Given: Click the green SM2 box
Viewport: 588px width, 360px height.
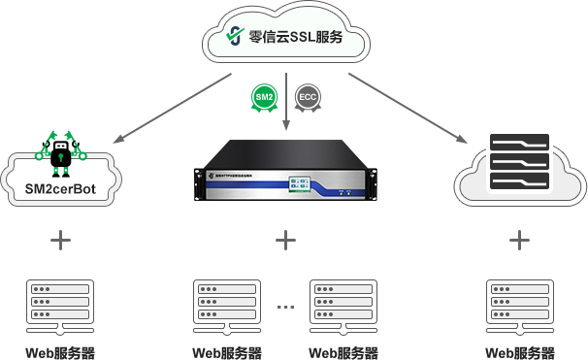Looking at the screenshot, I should [263, 98].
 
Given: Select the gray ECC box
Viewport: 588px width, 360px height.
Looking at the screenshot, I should [308, 98].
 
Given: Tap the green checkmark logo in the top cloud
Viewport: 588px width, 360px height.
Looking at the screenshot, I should [234, 35].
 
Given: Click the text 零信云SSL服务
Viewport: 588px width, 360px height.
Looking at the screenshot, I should [295, 35].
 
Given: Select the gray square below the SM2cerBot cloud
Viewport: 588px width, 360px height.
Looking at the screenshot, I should [60, 239].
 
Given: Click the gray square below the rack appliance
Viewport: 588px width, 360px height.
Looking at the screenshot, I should [285, 239].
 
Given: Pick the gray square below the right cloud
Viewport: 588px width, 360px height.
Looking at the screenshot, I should [519, 239].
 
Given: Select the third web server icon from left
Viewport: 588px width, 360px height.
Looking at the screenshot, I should [342, 305].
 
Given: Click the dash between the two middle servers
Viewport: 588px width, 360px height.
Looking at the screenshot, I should [285, 306].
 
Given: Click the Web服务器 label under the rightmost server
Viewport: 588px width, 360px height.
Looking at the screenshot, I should [519, 350].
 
